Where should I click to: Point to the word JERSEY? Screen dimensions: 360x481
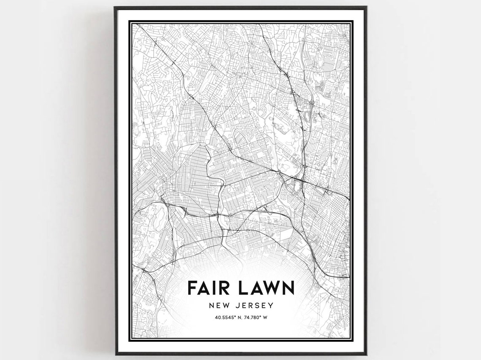pyautogui.click(x=254, y=305)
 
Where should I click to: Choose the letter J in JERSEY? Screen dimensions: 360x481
pyautogui.click(x=235, y=305)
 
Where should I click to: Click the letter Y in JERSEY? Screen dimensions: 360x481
pyautogui.click(x=271, y=305)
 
